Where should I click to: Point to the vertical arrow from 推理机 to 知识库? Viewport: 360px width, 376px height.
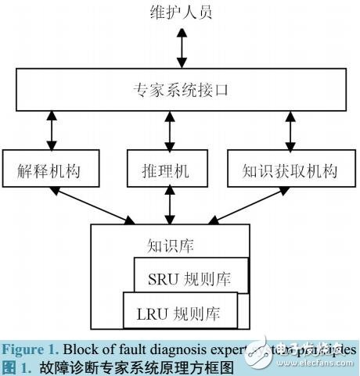click(x=169, y=206)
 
